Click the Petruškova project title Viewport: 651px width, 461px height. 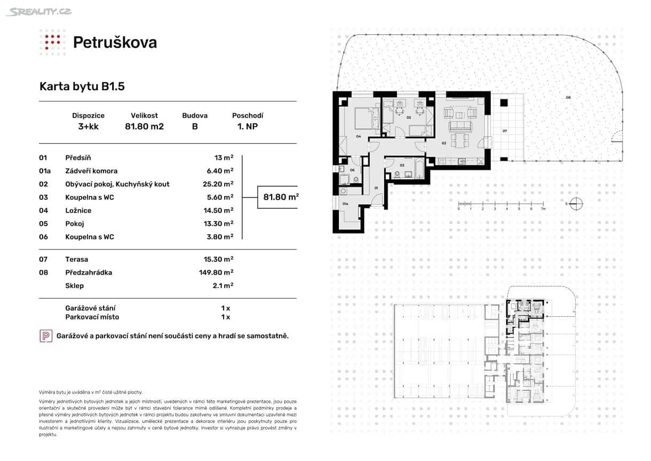tap(115, 42)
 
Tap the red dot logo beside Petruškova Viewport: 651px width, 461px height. tap(52, 42)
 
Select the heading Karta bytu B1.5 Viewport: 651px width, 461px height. tap(82, 87)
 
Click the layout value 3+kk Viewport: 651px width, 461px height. tap(88, 127)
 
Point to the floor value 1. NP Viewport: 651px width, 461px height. tap(247, 127)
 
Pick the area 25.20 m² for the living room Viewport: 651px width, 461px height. tap(221, 184)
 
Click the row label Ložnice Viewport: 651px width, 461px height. tap(78, 210)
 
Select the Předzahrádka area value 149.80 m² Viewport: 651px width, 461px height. tap(216, 272)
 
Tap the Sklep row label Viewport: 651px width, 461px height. tap(74, 286)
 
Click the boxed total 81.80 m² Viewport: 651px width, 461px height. tap(281, 197)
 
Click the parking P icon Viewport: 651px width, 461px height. tap(46, 336)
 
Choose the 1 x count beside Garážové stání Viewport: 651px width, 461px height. tap(225, 308)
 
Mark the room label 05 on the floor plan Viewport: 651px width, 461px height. tap(408, 118)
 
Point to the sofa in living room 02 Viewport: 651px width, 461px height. tap(460, 126)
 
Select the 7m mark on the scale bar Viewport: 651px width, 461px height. tap(543, 209)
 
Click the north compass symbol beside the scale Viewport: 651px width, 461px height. tap(575, 203)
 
